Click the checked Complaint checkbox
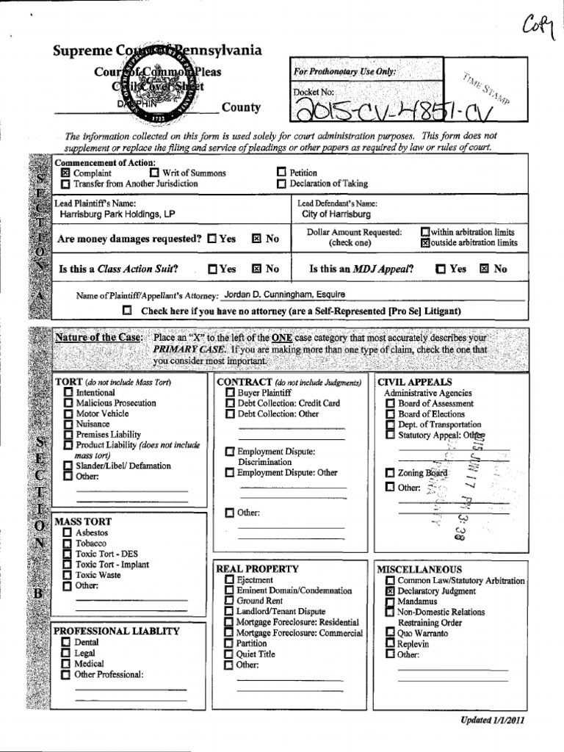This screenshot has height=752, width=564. click(65, 173)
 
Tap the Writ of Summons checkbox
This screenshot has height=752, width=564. click(154, 173)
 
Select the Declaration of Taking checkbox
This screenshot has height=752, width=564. click(281, 184)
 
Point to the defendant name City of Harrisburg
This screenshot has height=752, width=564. click(336, 215)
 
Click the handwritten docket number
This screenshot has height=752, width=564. click(400, 111)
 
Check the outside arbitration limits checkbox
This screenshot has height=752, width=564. click(424, 243)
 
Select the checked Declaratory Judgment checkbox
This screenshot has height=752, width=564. click(390, 591)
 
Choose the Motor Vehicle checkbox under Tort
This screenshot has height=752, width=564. click(68, 414)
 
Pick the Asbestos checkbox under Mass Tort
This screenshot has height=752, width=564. click(68, 532)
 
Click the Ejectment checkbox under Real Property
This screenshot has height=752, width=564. click(229, 581)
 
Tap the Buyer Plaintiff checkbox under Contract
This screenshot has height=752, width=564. click(230, 393)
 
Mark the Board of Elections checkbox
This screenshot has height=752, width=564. click(390, 414)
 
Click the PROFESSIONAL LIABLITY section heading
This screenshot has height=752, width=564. click(117, 631)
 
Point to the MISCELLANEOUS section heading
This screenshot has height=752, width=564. click(419, 569)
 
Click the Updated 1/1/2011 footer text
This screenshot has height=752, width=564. click(492, 720)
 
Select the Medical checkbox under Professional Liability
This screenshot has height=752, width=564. click(66, 664)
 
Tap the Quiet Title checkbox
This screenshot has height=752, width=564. click(229, 654)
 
